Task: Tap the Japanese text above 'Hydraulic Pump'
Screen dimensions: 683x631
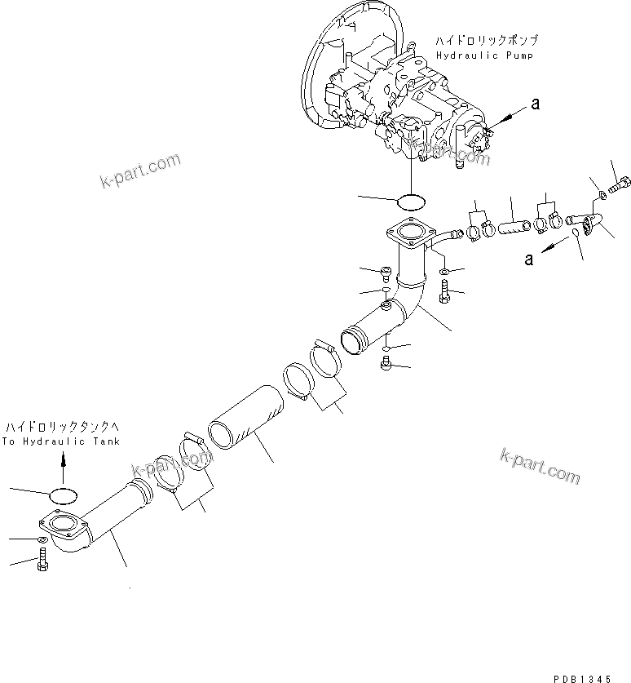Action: [x=486, y=40]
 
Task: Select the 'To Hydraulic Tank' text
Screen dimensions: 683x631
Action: [x=60, y=441]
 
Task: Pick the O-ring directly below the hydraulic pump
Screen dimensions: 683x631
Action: [x=412, y=200]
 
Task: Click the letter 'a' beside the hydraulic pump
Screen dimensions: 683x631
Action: [x=535, y=103]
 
